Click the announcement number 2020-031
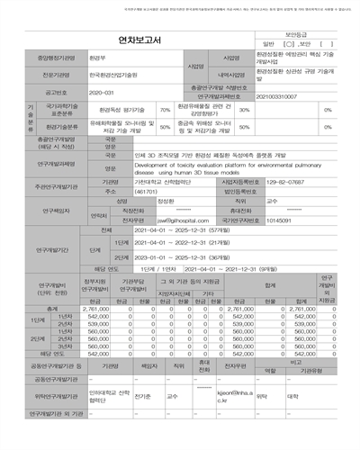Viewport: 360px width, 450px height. [103, 92]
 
